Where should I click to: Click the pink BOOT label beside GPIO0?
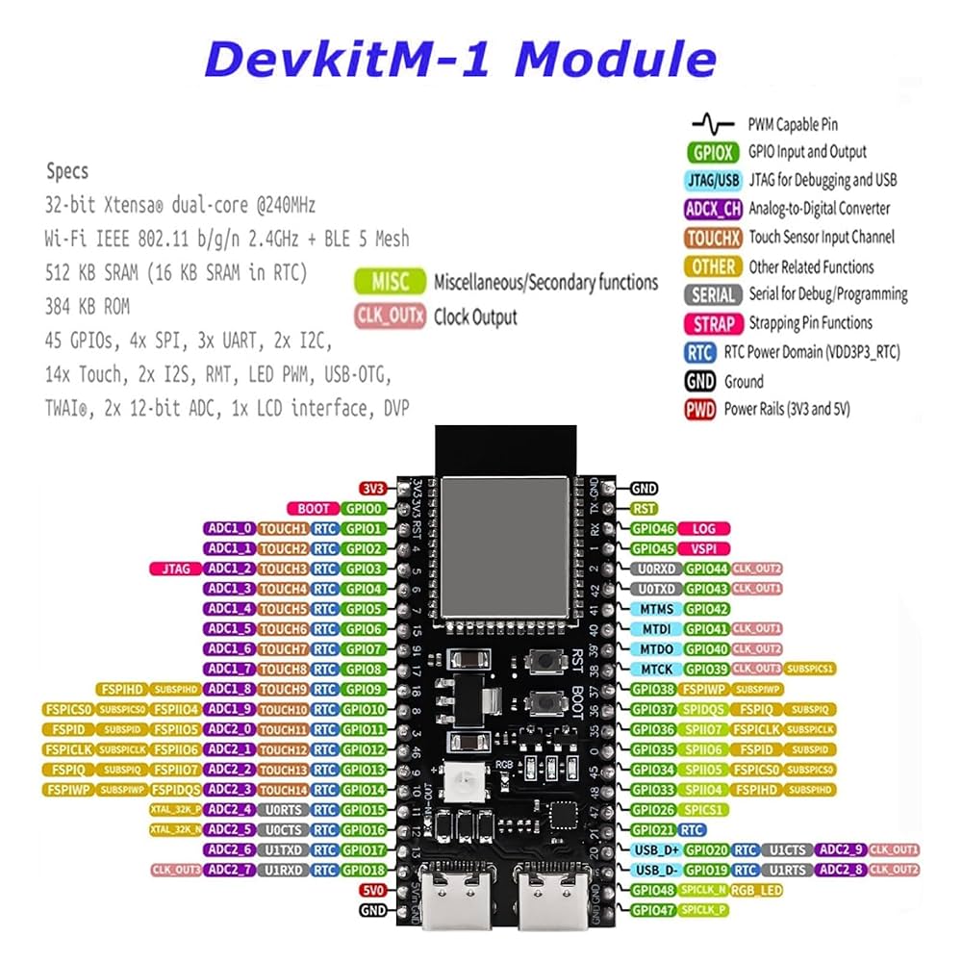tap(313, 508)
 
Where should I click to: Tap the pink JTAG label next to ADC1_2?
tap(174, 569)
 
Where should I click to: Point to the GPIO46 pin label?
tap(652, 528)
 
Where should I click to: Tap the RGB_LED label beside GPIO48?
tap(755, 890)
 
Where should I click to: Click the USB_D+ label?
tap(656, 849)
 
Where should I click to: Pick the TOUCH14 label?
tap(283, 789)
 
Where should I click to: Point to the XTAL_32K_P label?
tap(175, 809)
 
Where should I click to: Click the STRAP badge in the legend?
tap(713, 323)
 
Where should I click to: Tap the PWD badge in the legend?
tap(699, 410)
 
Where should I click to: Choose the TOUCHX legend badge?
tap(713, 237)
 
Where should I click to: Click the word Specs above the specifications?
tap(67, 171)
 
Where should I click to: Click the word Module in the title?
tap(616, 60)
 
